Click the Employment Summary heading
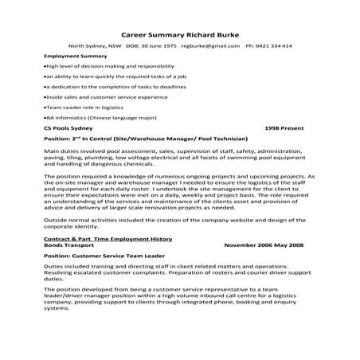point(76,57)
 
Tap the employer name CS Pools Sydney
point(68,128)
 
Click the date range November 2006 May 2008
point(269,245)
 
